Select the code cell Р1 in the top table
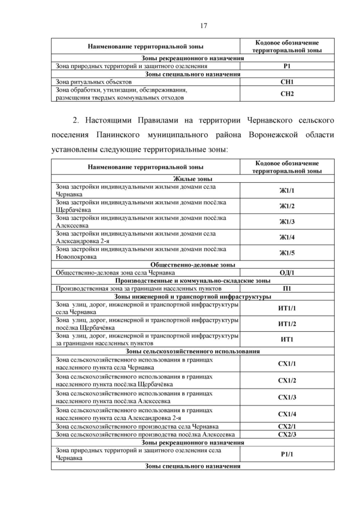(287, 66)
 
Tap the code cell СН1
(287, 82)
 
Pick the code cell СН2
(287, 93)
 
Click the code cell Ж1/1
(287, 190)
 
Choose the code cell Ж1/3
(287, 222)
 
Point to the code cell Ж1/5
(287, 253)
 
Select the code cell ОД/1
(287, 272)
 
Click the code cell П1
(287, 288)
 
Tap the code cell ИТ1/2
(287, 323)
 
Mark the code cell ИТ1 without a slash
(287, 339)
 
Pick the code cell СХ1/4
(287, 414)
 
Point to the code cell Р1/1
(287, 454)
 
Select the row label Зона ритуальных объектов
(93, 82)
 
